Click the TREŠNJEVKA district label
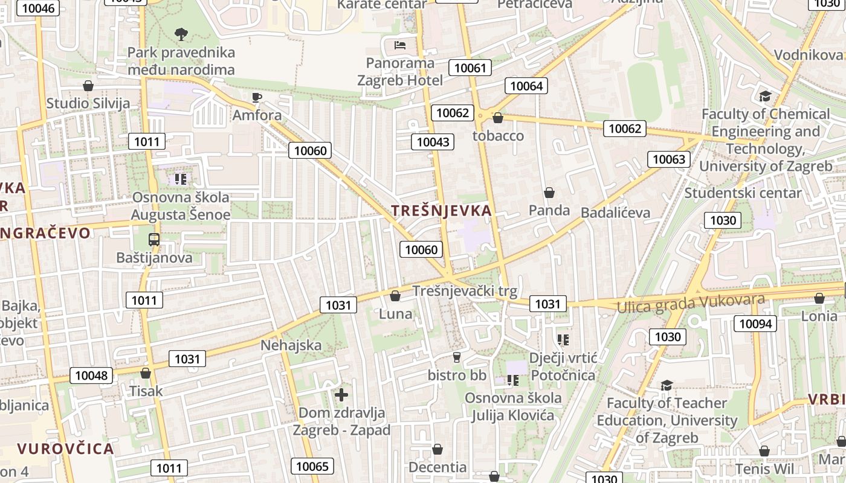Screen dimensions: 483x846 click(x=441, y=211)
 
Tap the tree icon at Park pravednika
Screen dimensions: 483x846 click(x=181, y=34)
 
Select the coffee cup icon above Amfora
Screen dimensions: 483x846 click(x=257, y=97)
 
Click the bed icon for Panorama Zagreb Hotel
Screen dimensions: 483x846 click(x=399, y=45)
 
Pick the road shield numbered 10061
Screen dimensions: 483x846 click(x=470, y=68)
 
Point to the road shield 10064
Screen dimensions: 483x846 click(x=526, y=86)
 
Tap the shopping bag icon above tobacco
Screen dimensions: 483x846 click(x=498, y=118)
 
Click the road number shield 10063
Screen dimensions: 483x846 click(x=669, y=159)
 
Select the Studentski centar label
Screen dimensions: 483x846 click(x=743, y=193)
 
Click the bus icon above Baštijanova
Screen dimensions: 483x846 click(x=154, y=239)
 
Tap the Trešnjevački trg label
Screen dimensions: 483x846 click(x=465, y=291)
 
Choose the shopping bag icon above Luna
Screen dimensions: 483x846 click(x=395, y=296)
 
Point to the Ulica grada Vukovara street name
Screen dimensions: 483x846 click(x=691, y=303)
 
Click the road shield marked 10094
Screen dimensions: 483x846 click(x=755, y=324)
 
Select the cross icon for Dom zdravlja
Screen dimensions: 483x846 click(x=341, y=395)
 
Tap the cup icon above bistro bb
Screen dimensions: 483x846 click(x=457, y=357)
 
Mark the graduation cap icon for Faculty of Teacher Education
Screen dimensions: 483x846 click(x=667, y=385)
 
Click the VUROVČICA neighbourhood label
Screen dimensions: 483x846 click(x=65, y=449)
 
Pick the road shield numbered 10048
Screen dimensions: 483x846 click(x=91, y=376)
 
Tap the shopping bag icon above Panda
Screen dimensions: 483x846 click(x=549, y=193)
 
